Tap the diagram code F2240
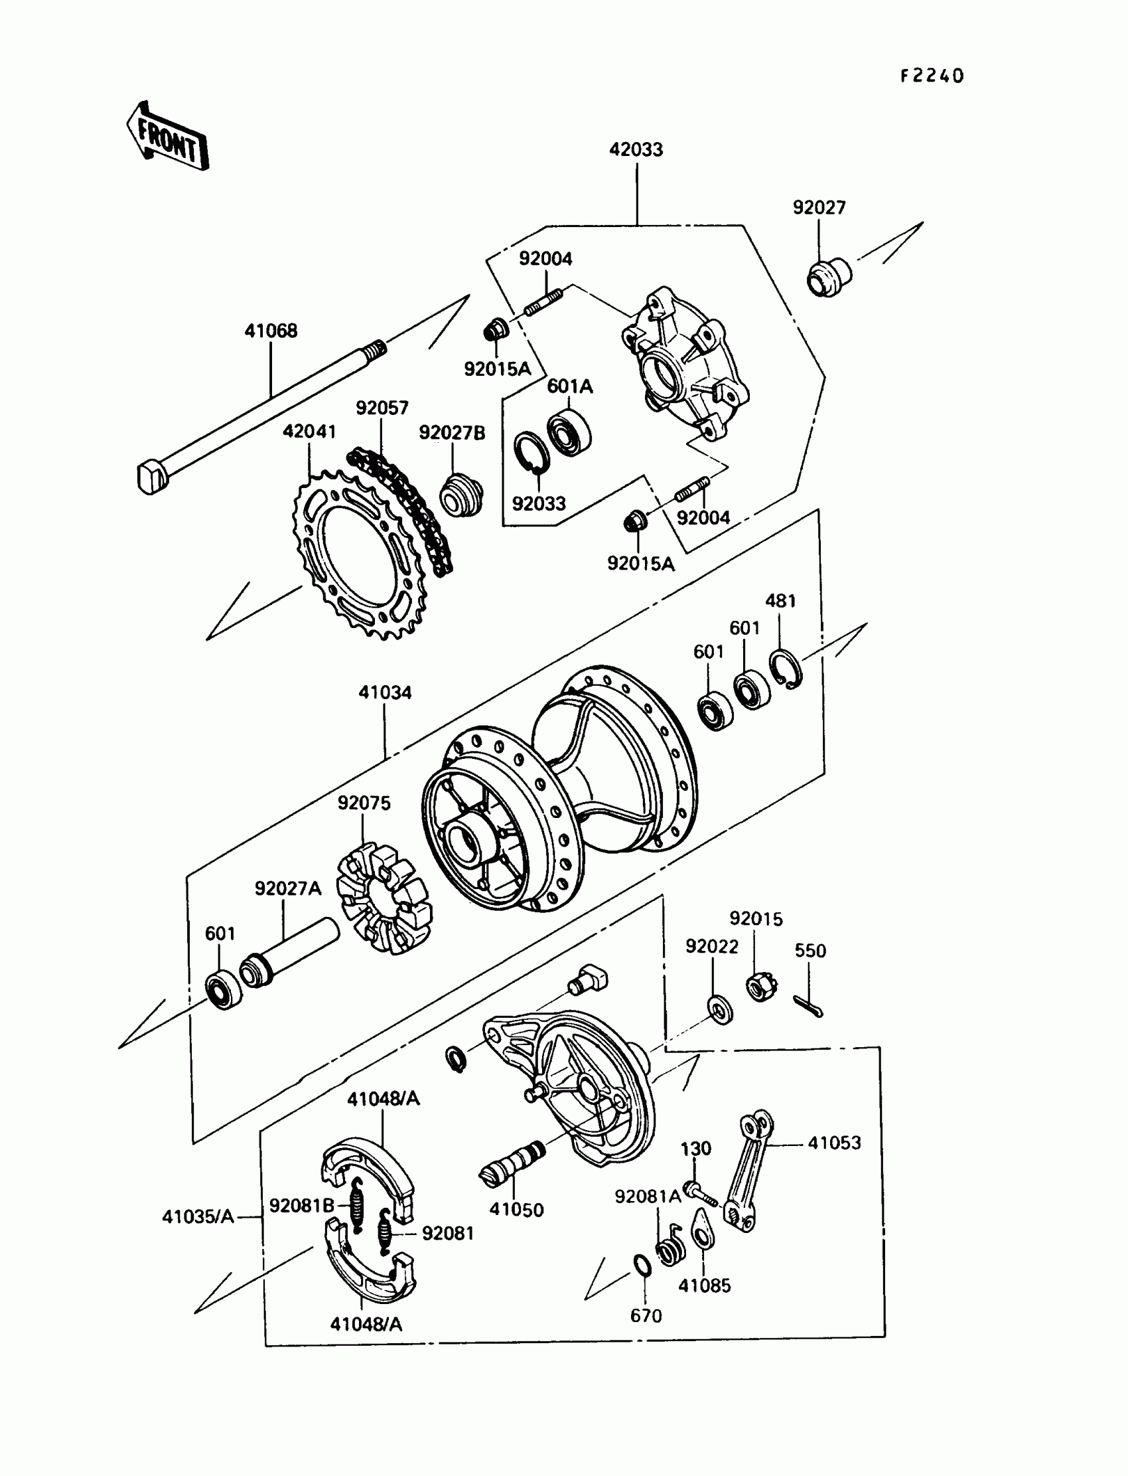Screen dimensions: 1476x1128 pos(932,76)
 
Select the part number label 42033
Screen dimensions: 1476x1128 pos(635,149)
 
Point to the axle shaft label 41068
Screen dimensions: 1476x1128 pos(270,331)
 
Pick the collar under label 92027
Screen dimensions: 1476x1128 pos(829,277)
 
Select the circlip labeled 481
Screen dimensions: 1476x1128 pos(785,669)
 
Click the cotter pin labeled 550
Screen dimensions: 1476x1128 pos(808,1006)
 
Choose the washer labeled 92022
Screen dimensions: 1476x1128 pos(720,1010)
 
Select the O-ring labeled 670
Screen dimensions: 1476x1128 pos(642,1265)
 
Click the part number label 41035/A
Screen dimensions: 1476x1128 pos(198,1216)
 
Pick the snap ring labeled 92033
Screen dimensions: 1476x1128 pos(531,452)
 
